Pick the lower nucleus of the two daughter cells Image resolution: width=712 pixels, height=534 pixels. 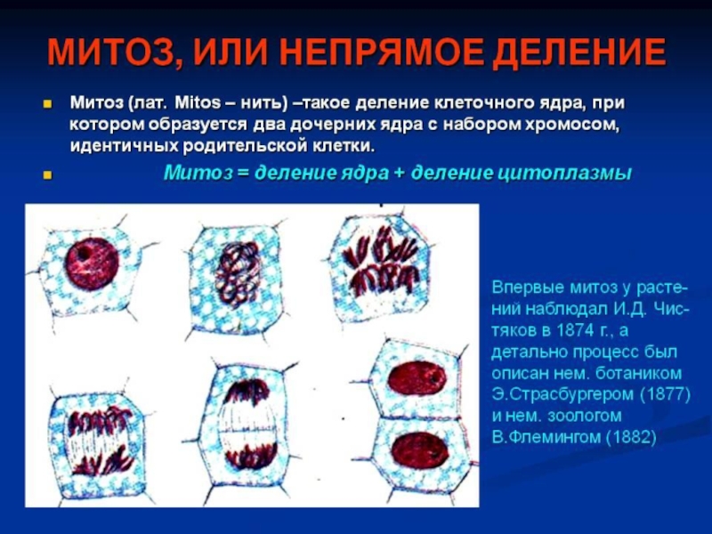click(x=419, y=449)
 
